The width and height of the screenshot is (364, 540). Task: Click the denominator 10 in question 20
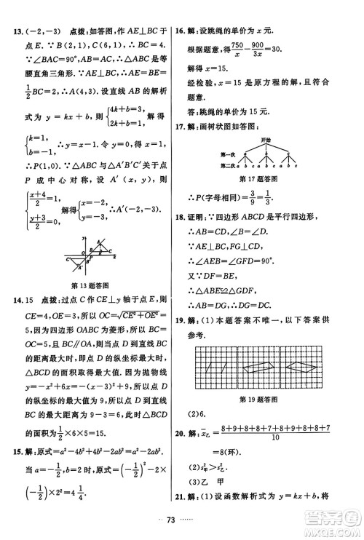[270, 439]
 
